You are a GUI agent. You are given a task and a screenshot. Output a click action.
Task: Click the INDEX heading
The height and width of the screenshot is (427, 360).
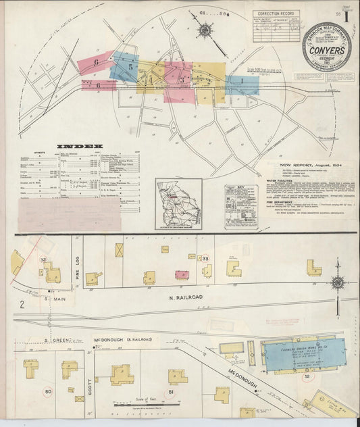(80, 146)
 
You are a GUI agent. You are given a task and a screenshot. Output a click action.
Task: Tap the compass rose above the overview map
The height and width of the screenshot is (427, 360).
(204, 30)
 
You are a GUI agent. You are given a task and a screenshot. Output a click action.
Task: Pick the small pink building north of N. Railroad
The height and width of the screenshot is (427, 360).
(181, 274)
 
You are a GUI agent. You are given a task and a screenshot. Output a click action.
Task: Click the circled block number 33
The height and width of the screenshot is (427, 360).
(205, 259)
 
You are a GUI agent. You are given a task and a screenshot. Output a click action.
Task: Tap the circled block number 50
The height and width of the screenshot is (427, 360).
(48, 391)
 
